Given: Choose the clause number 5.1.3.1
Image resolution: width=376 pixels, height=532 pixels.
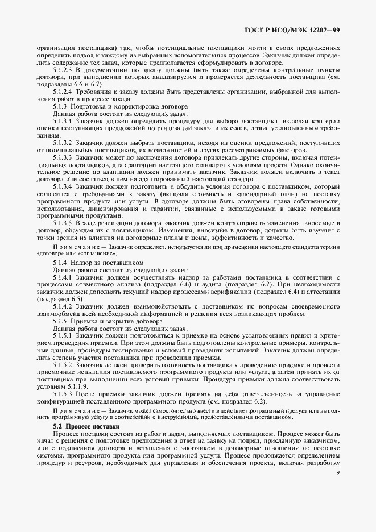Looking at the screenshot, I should pyautogui.click(x=63, y=120).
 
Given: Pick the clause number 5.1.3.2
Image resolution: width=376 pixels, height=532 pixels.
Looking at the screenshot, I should pyautogui.click(x=63, y=142).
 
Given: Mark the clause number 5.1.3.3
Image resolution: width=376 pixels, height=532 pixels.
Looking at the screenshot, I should pyautogui.click(x=63, y=157).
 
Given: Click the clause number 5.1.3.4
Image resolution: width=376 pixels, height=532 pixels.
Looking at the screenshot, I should pyautogui.click(x=63, y=186).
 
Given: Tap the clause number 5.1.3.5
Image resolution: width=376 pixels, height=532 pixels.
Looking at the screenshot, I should pyautogui.click(x=63, y=223).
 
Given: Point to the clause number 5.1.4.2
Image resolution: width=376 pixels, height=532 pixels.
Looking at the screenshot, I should pyautogui.click(x=63, y=306).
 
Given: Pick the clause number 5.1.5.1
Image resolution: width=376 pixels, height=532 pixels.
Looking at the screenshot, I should pyautogui.click(x=63, y=336).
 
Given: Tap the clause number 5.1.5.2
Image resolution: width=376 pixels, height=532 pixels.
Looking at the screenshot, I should pyautogui.click(x=63, y=365).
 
